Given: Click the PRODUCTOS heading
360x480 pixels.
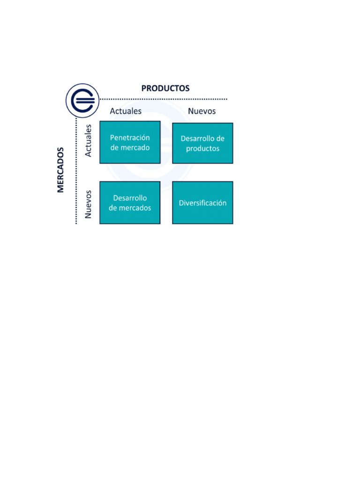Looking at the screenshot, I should point(165,88).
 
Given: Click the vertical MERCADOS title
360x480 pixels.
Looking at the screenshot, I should point(60,170).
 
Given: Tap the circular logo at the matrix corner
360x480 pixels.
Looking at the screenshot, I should point(82,100).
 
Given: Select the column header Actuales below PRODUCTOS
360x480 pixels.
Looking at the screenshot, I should point(126,111).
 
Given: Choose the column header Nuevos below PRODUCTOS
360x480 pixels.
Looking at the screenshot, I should point(202,111).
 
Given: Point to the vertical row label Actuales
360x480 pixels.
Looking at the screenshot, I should point(88,140).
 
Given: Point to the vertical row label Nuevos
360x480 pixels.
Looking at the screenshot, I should point(88,204).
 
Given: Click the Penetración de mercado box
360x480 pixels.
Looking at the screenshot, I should point(130,142).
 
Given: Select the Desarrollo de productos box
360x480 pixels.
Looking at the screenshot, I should point(202,143).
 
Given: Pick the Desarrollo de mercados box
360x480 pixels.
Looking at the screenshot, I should point(130,202).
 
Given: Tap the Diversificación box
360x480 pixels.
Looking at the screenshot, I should point(202,202).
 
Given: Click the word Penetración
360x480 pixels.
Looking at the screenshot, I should point(130,138).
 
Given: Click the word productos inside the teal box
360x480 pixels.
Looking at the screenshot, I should point(202,149).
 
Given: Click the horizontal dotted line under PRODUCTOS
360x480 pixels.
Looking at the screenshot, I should point(164,99).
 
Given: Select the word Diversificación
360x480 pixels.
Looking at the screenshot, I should point(202,203).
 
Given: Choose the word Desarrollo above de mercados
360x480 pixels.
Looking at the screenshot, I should point(130,198).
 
